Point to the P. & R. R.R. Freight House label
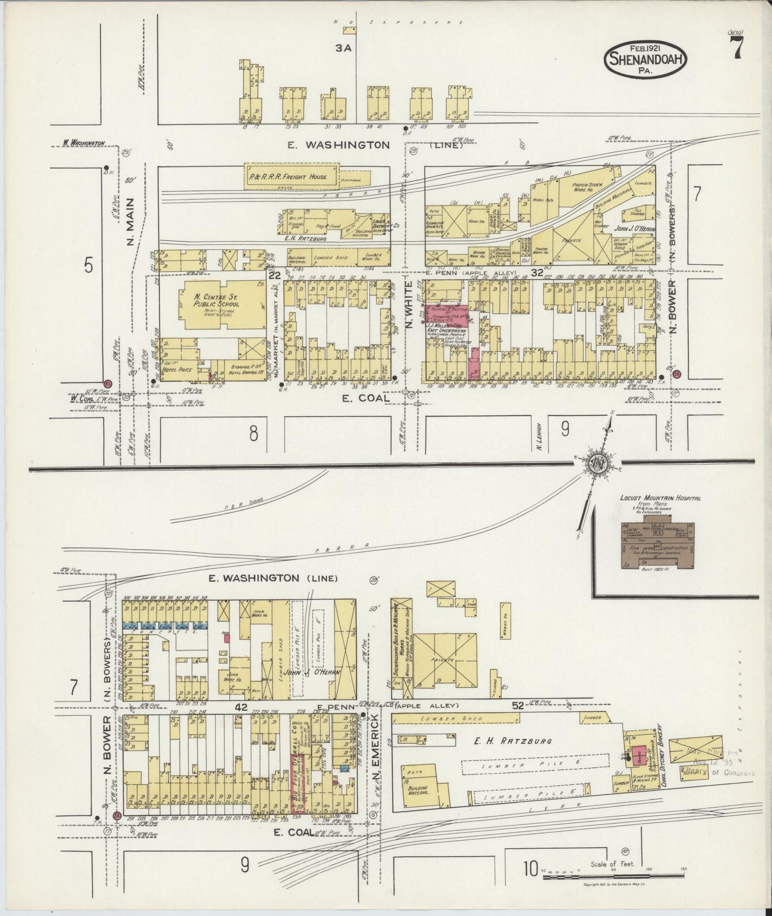click(x=291, y=176)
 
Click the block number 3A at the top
click(x=342, y=48)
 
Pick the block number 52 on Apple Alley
click(x=517, y=705)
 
